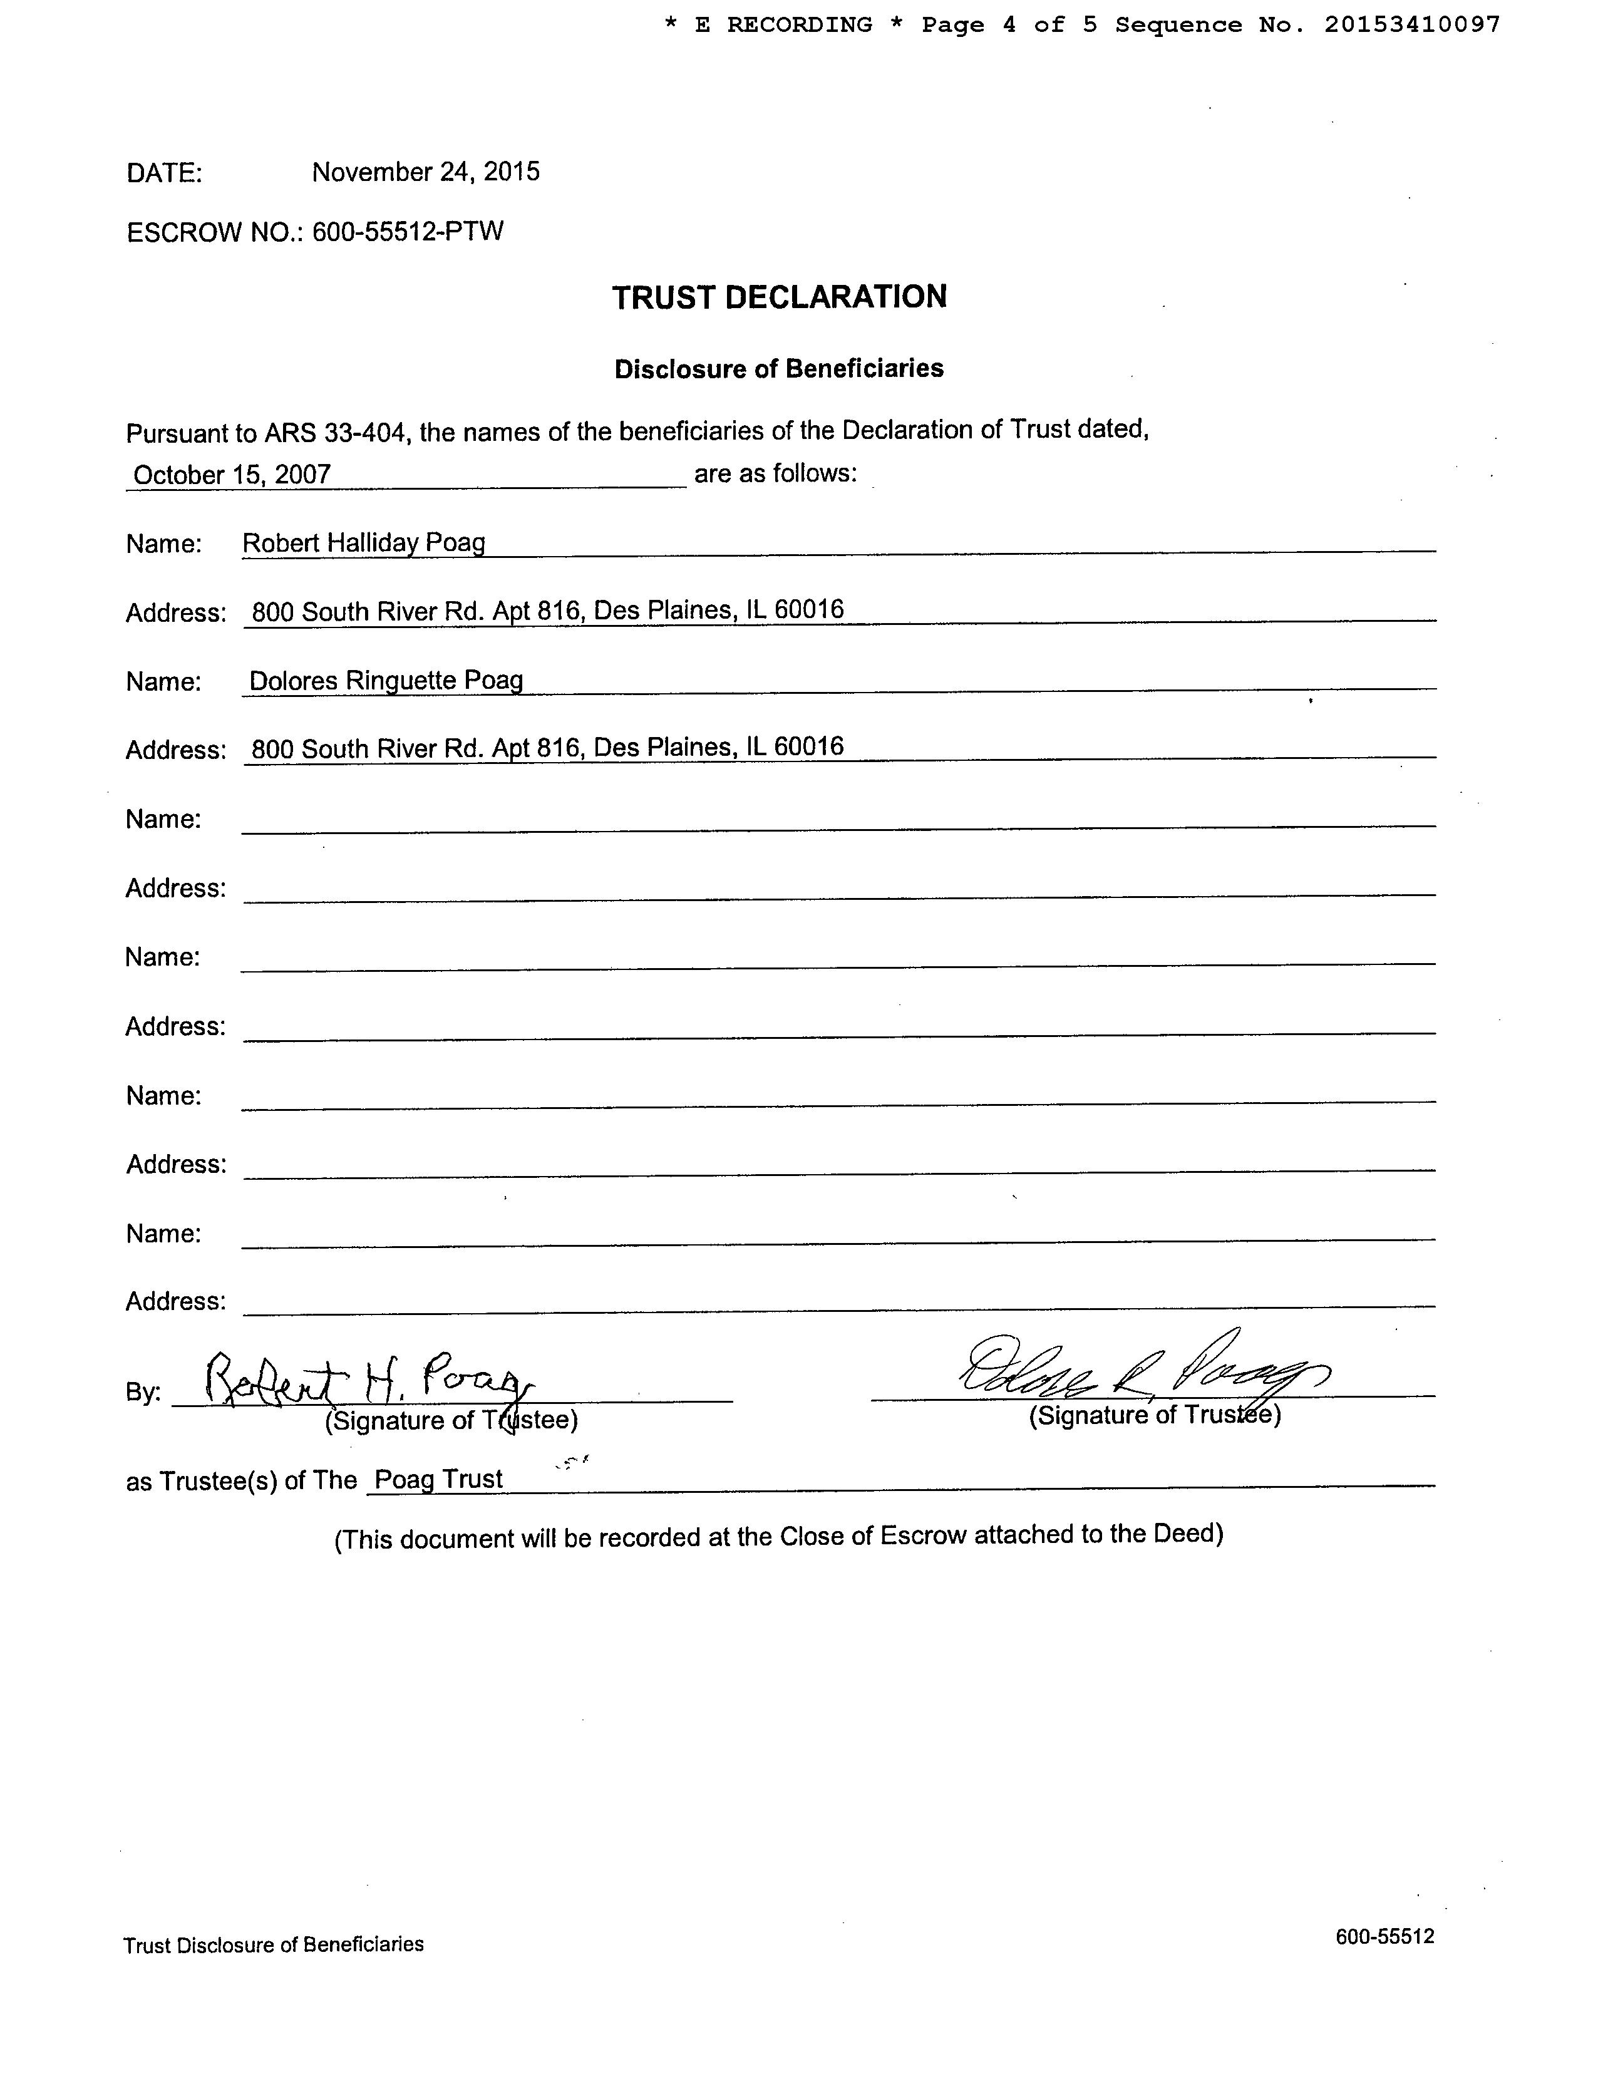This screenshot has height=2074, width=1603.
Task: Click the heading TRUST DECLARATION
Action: [779, 297]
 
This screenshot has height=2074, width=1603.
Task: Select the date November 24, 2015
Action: [425, 172]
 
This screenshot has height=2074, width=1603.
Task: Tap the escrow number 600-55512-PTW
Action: [408, 232]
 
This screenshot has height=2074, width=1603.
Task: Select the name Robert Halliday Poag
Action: [364, 543]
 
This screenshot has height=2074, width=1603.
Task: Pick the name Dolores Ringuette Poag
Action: [386, 681]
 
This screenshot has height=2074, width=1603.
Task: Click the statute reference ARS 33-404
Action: [336, 434]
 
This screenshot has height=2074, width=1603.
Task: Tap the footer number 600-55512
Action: [1384, 1936]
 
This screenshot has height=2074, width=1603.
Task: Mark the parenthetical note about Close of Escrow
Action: [779, 1537]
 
